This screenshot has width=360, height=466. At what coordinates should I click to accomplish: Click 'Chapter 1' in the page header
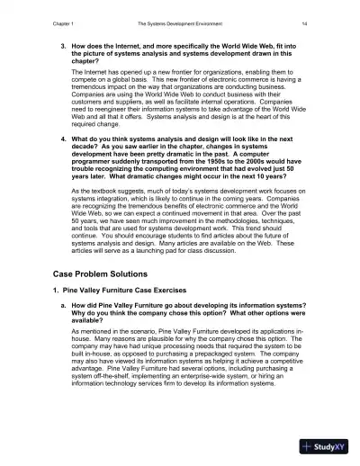coord(41,15)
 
